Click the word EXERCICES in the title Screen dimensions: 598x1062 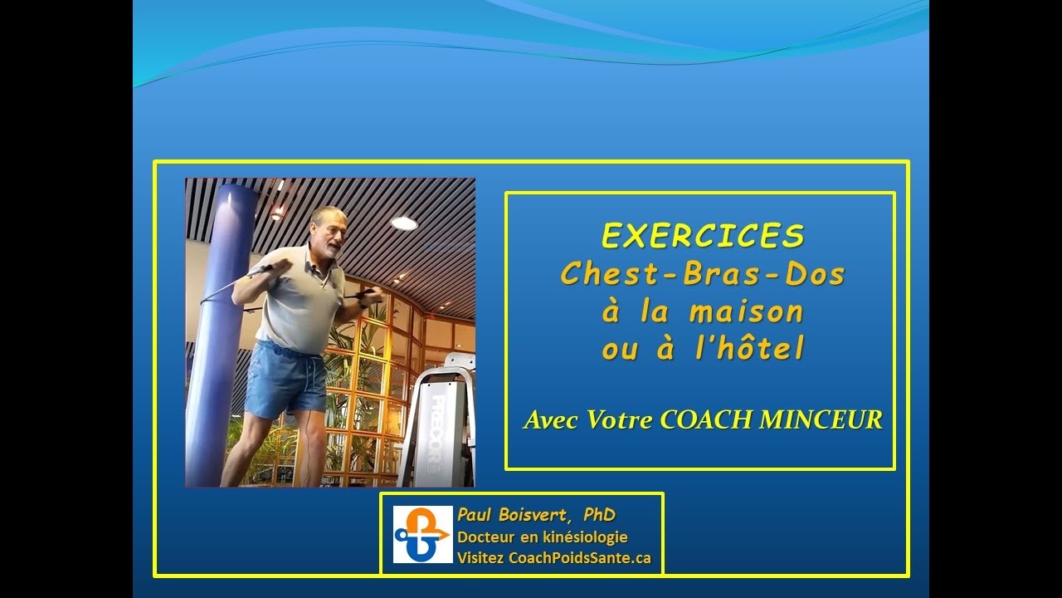703,237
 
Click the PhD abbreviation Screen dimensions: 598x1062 599,516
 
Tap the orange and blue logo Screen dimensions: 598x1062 422,534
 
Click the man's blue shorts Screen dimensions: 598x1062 286,380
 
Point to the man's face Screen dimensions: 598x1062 330,233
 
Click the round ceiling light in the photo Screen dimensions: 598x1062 404,223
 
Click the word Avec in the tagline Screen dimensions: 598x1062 551,420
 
